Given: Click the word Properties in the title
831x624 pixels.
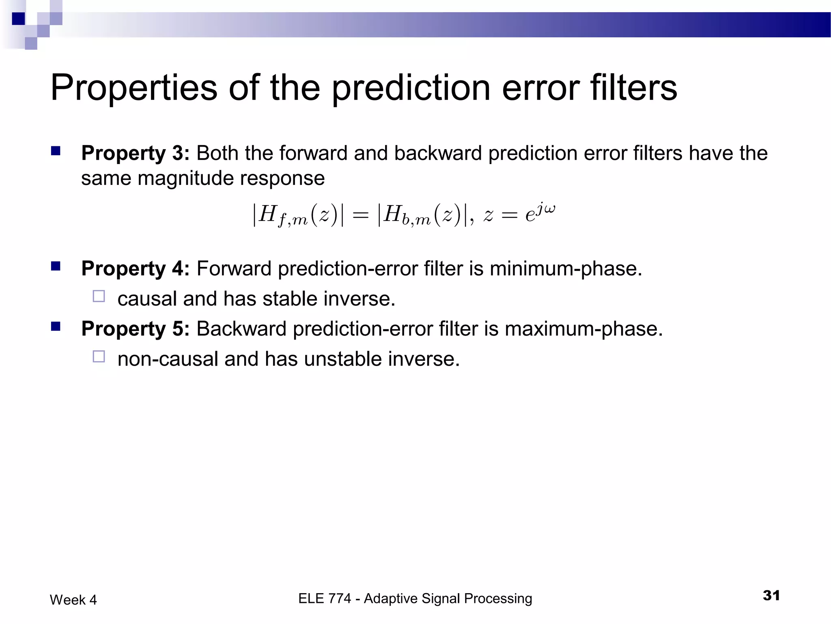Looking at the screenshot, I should (x=134, y=89).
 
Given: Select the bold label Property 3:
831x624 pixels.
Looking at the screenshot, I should (x=135, y=154).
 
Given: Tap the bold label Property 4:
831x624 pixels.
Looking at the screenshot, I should (x=135, y=269).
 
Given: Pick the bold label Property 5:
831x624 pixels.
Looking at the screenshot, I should (x=135, y=329).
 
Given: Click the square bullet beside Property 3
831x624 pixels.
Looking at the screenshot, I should (x=56, y=152).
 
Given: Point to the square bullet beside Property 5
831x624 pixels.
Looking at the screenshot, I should (x=56, y=327).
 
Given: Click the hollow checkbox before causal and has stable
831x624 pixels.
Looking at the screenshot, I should (x=99, y=296).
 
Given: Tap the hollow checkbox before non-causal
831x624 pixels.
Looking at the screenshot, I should (x=99, y=356).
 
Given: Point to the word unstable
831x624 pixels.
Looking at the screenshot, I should (x=342, y=359).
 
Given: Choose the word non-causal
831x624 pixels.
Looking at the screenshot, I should (x=168, y=359).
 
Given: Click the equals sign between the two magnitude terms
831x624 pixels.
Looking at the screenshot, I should (x=360, y=215).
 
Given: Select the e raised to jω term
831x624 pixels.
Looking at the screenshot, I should (x=540, y=213).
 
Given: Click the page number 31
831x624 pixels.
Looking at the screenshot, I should (x=771, y=596).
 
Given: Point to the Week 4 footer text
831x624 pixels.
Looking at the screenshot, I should (x=73, y=600).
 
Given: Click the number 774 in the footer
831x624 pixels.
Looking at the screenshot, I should (x=336, y=598).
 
